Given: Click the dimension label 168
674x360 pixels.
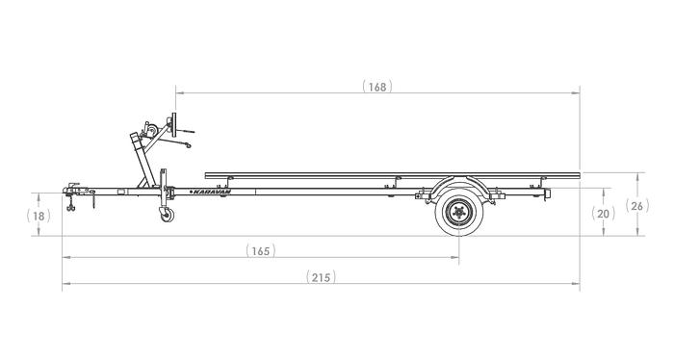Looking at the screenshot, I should point(377,86).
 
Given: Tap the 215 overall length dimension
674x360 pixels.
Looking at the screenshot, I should point(321,277).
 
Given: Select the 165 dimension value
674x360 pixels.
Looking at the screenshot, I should point(260,250).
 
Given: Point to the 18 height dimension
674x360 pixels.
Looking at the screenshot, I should point(39,217).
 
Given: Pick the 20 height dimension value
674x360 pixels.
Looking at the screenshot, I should point(604,214).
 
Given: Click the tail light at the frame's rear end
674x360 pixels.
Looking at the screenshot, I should point(548,195).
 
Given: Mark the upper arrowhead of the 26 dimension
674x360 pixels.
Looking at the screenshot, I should point(640,175).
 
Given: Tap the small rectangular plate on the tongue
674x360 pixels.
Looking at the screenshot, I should point(121,193).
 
